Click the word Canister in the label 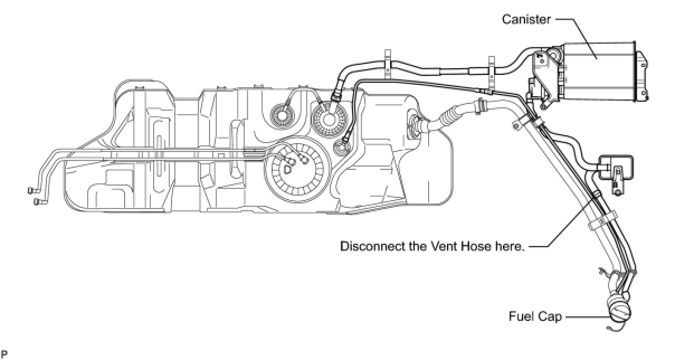[x=526, y=19]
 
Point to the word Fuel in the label [x=519, y=316]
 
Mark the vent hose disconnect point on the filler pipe [x=596, y=193]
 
